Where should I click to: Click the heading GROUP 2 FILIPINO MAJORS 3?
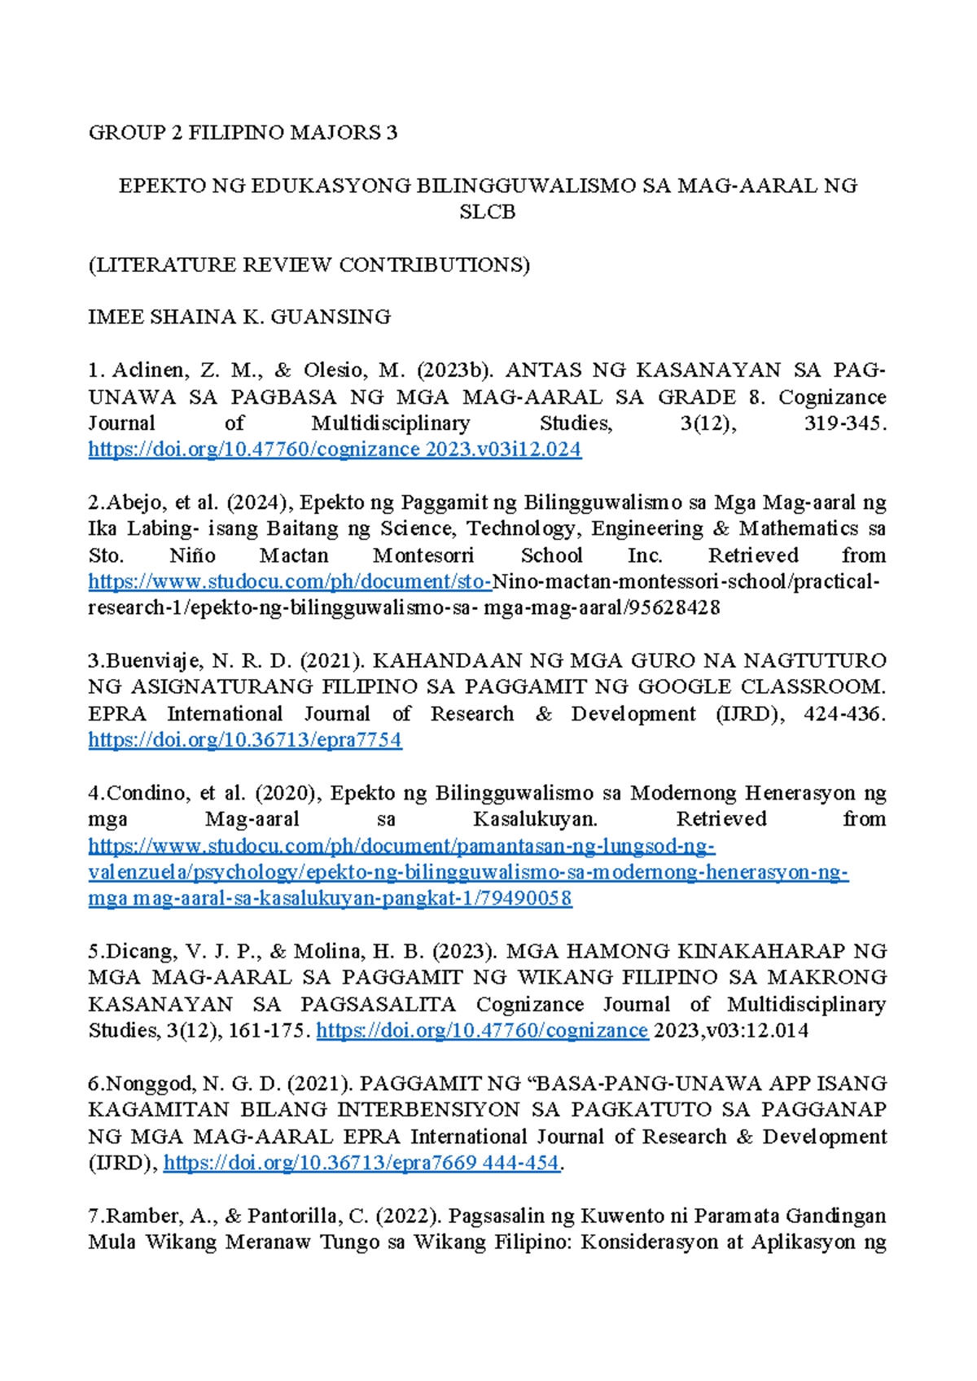243,133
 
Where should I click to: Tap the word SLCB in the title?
487,213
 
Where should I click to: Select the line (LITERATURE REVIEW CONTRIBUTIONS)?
309,265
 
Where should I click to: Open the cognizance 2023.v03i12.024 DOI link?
335,449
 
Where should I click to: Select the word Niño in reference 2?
192,556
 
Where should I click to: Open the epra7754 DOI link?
245,740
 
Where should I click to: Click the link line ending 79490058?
330,899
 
